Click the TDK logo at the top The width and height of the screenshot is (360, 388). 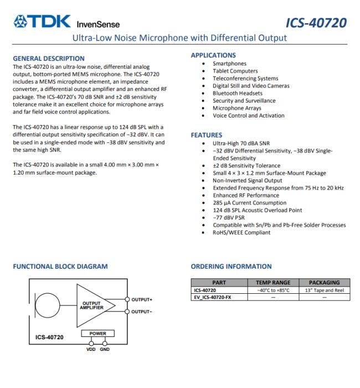tap(42, 22)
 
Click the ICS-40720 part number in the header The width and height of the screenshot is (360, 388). tap(316, 23)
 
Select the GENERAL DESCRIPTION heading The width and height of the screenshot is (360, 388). tap(49, 58)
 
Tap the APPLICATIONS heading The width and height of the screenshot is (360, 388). tap(213, 55)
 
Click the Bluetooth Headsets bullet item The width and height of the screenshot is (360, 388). tap(238, 93)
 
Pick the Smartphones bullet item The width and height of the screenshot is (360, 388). tap(229, 64)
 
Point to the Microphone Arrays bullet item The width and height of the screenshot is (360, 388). tap(237, 108)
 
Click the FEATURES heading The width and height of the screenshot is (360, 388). tap(207, 135)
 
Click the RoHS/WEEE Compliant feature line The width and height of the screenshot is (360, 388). tap(241, 232)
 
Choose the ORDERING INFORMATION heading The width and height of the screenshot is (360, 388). tap(231, 267)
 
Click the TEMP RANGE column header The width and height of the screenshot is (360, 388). tap(273, 283)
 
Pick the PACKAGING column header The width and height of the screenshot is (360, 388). tap(324, 283)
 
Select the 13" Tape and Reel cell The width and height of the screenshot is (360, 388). tap(324, 290)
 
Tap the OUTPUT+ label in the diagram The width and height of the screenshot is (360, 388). tap(142, 299)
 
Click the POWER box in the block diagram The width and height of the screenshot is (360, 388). tap(97, 333)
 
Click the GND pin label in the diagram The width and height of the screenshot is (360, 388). tap(105, 349)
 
